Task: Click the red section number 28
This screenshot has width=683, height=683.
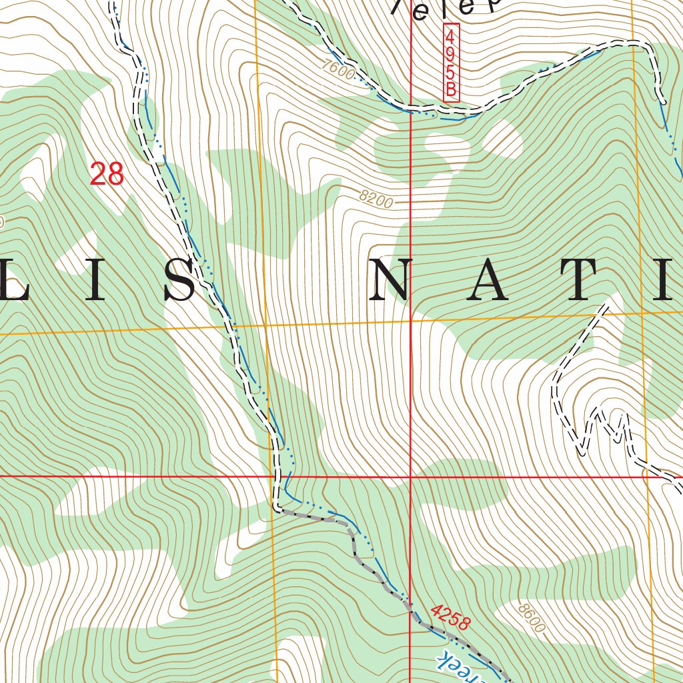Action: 107,174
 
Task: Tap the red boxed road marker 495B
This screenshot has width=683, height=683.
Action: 452,64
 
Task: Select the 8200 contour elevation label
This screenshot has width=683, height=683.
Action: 376,198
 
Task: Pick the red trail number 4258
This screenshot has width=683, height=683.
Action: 451,617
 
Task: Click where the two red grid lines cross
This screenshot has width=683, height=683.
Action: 410,477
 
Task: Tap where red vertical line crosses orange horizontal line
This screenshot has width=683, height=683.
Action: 410,320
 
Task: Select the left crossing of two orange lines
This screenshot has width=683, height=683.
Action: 265,325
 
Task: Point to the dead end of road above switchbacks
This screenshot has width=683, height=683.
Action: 608,304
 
